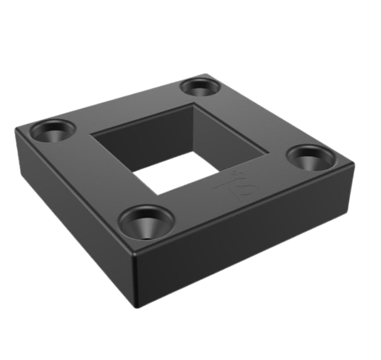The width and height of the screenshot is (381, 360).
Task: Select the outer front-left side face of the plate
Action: coord(74,215)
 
